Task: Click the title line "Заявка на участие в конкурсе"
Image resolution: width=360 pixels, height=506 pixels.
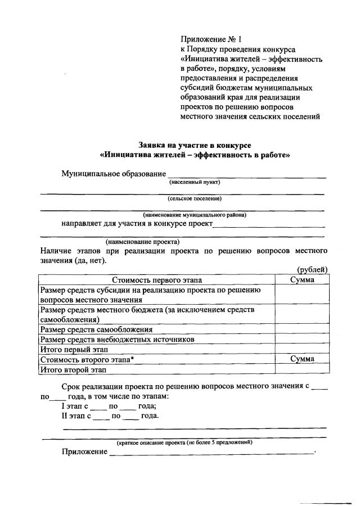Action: click(x=195, y=144)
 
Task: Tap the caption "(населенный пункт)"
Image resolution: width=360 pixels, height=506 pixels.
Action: click(x=195, y=182)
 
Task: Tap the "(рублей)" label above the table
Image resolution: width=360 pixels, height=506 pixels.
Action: click(x=312, y=270)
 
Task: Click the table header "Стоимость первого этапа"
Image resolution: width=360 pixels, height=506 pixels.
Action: click(x=156, y=279)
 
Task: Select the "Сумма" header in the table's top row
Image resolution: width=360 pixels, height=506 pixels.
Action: click(x=302, y=279)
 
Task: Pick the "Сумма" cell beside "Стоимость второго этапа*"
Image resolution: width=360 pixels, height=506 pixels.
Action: click(x=302, y=359)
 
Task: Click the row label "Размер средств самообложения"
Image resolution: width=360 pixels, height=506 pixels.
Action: click(x=97, y=329)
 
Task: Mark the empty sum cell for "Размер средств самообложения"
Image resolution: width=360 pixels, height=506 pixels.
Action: click(x=302, y=329)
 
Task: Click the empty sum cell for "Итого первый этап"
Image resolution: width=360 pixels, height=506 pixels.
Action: click(x=302, y=350)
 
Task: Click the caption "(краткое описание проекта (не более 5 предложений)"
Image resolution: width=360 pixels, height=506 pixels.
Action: click(x=184, y=442)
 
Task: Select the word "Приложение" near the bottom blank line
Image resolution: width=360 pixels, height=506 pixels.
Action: click(x=85, y=452)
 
